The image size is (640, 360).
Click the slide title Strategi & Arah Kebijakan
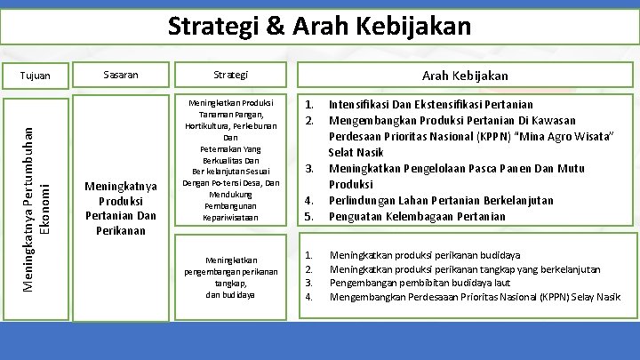coord(319,26)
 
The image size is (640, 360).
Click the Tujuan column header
coord(36,76)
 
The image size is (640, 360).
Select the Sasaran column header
coord(120,75)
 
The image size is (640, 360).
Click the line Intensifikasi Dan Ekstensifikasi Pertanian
coord(431,104)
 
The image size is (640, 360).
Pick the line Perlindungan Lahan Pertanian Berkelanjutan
coord(441,200)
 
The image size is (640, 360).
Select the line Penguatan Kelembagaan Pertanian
coord(417,216)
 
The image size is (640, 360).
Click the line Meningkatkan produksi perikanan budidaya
coord(425,255)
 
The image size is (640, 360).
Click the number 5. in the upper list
coord(309,216)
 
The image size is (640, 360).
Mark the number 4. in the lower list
coord(308,296)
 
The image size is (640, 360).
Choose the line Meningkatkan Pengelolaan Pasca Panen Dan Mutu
coord(457,168)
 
